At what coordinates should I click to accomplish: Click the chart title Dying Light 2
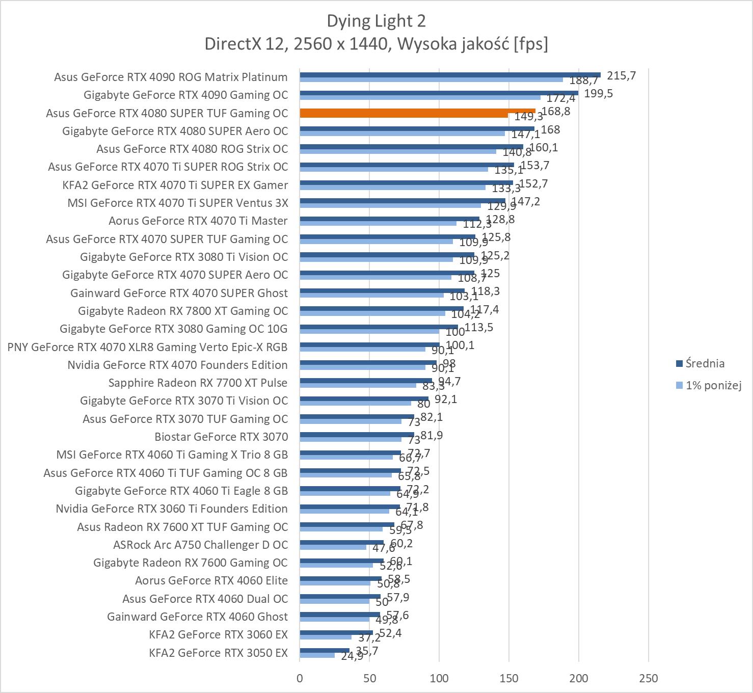coord(376,21)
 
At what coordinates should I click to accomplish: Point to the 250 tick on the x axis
coord(648,678)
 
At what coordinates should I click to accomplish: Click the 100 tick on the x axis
coord(439,678)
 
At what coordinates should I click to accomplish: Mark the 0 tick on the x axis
coord(300,678)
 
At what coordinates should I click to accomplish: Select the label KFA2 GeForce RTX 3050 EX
coord(218,653)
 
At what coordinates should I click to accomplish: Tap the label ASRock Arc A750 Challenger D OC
coord(200,545)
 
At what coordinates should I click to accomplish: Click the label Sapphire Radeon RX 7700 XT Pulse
coord(198,383)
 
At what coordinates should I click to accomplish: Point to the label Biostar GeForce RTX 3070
coord(221,437)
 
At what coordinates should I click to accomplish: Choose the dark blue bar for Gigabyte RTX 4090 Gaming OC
coord(439,93)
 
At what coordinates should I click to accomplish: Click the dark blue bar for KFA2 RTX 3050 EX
coord(325,650)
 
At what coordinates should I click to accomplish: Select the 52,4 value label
coord(390,633)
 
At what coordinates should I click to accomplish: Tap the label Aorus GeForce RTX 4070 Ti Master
coord(198,221)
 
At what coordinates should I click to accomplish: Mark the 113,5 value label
coord(479,327)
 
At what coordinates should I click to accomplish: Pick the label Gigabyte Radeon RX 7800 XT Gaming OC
coord(183,311)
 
